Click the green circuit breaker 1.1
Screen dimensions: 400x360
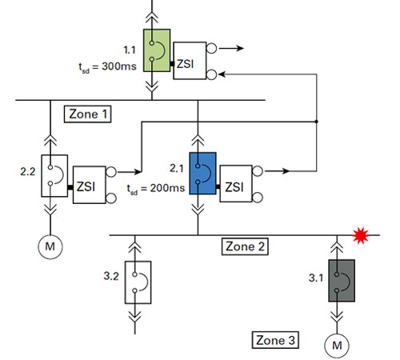pos(157,50)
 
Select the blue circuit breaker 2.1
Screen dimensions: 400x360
pos(202,174)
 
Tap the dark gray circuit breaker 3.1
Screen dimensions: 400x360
pos(342,281)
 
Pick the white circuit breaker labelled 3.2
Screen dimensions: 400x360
pos(138,282)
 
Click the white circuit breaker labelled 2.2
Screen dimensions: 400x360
pos(54,176)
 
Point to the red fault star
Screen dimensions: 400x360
pos(361,235)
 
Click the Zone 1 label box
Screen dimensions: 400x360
pos(88,114)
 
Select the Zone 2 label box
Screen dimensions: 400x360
pos(245,246)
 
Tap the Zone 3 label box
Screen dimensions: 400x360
pos(275,340)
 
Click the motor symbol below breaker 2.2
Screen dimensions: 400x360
pos(50,246)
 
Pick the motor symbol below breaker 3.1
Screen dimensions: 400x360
pos(337,346)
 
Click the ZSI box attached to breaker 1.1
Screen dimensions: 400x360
pos(190,61)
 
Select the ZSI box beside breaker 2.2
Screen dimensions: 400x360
pos(90,185)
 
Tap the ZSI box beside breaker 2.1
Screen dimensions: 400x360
pos(236,184)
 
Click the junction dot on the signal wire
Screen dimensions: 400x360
pos(317,122)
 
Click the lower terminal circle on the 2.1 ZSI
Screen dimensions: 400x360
pos(258,198)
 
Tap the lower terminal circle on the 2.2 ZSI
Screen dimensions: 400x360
pos(111,198)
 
